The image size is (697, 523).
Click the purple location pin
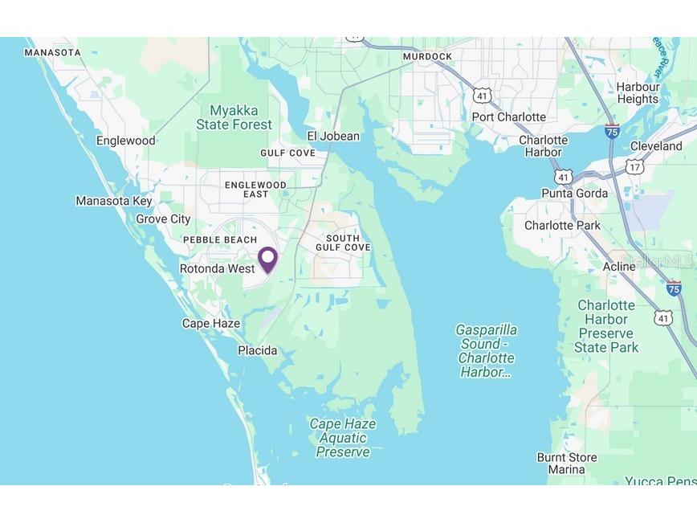tap(267, 259)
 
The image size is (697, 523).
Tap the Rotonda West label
tap(217, 268)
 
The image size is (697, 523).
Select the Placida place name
tap(257, 350)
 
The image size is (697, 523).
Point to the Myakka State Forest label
tap(234, 117)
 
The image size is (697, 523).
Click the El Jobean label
tap(333, 136)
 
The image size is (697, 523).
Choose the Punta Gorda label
tap(574, 193)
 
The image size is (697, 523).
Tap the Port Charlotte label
tap(508, 116)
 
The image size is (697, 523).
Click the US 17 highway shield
tap(635, 167)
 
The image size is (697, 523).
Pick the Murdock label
tap(427, 56)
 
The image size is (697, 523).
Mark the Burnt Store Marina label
tap(567, 464)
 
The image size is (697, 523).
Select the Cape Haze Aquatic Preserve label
tap(343, 438)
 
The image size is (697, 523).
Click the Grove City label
tap(163, 219)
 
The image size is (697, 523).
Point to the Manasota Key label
tap(113, 200)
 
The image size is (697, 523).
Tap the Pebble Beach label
tap(220, 239)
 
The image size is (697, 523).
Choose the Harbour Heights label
tap(638, 93)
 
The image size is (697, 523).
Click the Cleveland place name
tap(655, 146)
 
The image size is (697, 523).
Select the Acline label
tap(619, 266)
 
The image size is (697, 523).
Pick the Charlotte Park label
tap(562, 225)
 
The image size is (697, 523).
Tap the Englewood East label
tap(255, 190)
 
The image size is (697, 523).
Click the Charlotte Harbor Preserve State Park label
tap(606, 326)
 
